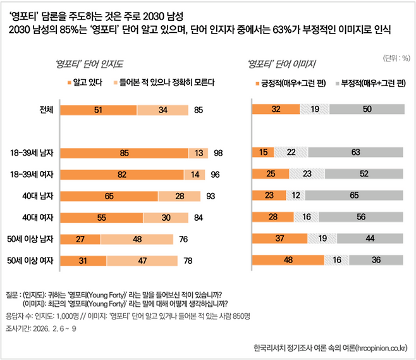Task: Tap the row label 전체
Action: tap(48, 109)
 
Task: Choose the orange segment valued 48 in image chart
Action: tap(288, 260)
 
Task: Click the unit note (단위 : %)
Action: tap(396, 58)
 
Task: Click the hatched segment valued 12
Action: tap(297, 196)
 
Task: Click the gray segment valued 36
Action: tap(376, 260)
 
